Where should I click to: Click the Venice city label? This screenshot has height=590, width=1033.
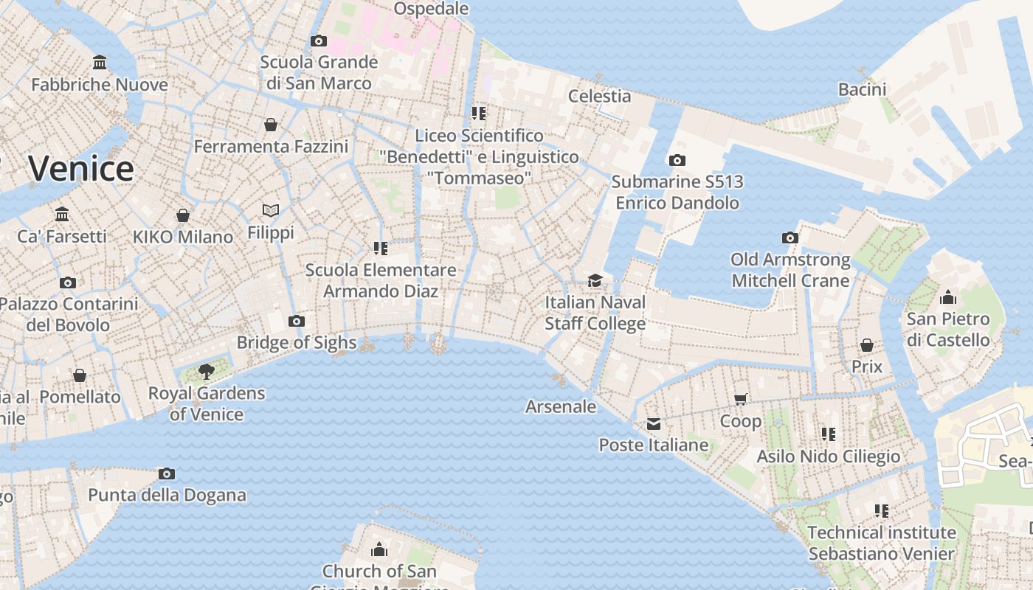tap(81, 169)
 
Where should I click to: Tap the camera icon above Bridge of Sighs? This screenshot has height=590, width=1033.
tap(297, 321)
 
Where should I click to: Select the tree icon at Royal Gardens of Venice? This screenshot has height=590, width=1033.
tap(207, 371)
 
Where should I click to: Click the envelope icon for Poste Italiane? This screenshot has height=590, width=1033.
tap(654, 423)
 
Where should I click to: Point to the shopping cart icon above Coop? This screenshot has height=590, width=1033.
tap(741, 399)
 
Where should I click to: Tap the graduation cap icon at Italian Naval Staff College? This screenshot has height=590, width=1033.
tap(595, 280)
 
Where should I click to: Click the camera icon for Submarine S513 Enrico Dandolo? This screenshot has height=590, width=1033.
tap(677, 160)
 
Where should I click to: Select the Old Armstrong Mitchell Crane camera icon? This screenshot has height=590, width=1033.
tap(790, 237)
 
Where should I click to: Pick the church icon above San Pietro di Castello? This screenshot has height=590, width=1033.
tap(948, 297)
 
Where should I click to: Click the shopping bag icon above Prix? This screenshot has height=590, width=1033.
tap(867, 345)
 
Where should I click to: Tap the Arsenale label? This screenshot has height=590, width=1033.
tap(561, 406)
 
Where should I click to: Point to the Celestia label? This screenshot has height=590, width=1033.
tap(599, 96)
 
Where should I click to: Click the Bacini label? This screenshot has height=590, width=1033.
tap(862, 89)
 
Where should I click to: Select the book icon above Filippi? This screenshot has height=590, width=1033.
tap(271, 211)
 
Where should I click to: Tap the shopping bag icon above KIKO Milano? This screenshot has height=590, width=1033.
tap(182, 215)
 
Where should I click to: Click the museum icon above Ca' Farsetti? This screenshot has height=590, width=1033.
tap(62, 215)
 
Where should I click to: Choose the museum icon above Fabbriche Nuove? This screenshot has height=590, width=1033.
tap(100, 63)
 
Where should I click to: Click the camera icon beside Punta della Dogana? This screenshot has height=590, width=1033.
tap(167, 473)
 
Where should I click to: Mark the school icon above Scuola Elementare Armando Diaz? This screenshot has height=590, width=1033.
tap(381, 248)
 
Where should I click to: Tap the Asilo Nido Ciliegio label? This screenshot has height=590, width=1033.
tap(829, 457)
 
